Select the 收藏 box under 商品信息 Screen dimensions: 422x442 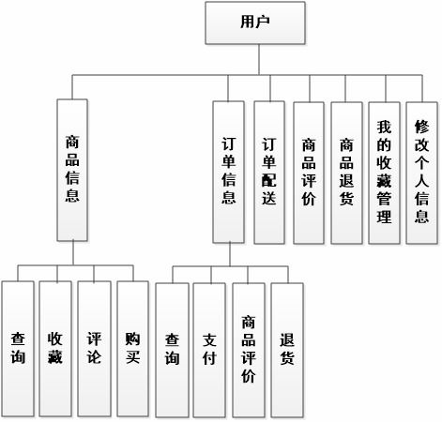54,347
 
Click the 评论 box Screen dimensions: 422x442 93,347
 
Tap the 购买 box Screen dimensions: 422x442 132,347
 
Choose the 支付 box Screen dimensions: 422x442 209,347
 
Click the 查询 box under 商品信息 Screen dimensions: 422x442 17,347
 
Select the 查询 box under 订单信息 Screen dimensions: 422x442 172,347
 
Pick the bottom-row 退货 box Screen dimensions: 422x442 287,347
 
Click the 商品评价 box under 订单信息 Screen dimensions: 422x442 248,347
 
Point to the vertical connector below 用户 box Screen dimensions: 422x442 254,58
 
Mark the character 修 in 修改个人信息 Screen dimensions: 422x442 421,126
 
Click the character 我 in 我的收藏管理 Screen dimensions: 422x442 383,126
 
